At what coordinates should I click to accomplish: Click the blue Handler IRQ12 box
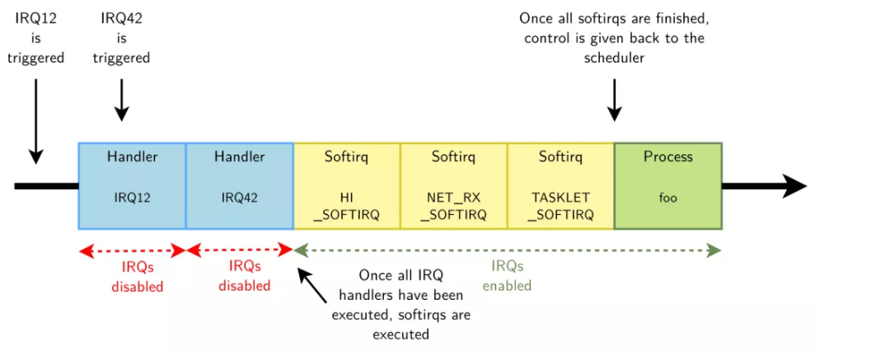point(132,185)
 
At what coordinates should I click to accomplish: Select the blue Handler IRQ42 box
point(239,185)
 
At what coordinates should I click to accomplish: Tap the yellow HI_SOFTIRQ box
point(346,185)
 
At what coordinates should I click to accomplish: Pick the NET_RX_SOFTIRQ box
point(453,185)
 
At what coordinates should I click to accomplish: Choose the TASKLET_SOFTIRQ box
point(560,185)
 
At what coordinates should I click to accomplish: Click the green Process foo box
point(667,185)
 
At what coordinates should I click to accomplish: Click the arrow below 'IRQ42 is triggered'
point(121,99)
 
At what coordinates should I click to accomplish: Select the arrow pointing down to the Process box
point(614,99)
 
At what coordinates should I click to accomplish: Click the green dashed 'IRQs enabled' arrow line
point(507,250)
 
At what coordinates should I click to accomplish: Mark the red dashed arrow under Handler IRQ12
point(132,250)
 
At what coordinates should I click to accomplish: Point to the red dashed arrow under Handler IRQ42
point(240,250)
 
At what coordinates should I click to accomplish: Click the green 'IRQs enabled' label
point(507,276)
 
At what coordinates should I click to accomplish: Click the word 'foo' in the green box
point(667,198)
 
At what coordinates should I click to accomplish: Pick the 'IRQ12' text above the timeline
point(36,17)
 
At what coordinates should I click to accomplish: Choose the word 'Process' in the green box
point(667,157)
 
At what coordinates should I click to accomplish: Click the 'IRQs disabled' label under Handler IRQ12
point(137,277)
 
